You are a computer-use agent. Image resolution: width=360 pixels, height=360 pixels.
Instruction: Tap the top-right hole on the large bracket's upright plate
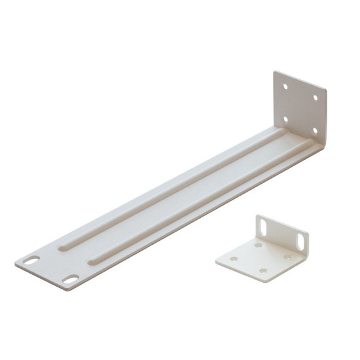click(x=315, y=98)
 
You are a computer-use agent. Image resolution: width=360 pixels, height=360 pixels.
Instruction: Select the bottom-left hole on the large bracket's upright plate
click(x=285, y=118)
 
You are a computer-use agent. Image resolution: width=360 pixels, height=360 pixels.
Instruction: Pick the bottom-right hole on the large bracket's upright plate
click(x=314, y=130)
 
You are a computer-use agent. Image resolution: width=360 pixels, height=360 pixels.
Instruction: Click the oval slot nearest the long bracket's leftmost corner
click(x=31, y=261)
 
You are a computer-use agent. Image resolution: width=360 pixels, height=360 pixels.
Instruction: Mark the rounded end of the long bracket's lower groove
click(x=96, y=262)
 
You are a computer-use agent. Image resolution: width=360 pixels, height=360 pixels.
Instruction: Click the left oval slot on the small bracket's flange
click(x=263, y=226)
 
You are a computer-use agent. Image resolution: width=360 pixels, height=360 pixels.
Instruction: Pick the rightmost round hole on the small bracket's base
click(x=287, y=257)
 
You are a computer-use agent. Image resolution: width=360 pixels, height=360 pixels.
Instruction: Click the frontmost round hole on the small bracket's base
click(x=263, y=271)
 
